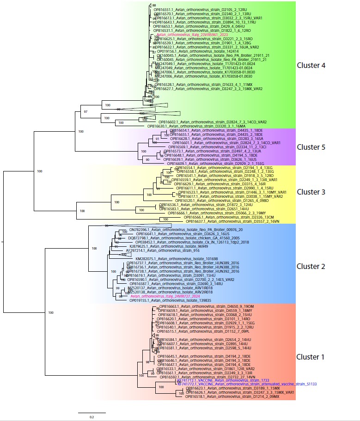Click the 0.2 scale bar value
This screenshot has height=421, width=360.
coord(92,417)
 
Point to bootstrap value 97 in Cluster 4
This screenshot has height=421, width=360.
coord(85,112)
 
